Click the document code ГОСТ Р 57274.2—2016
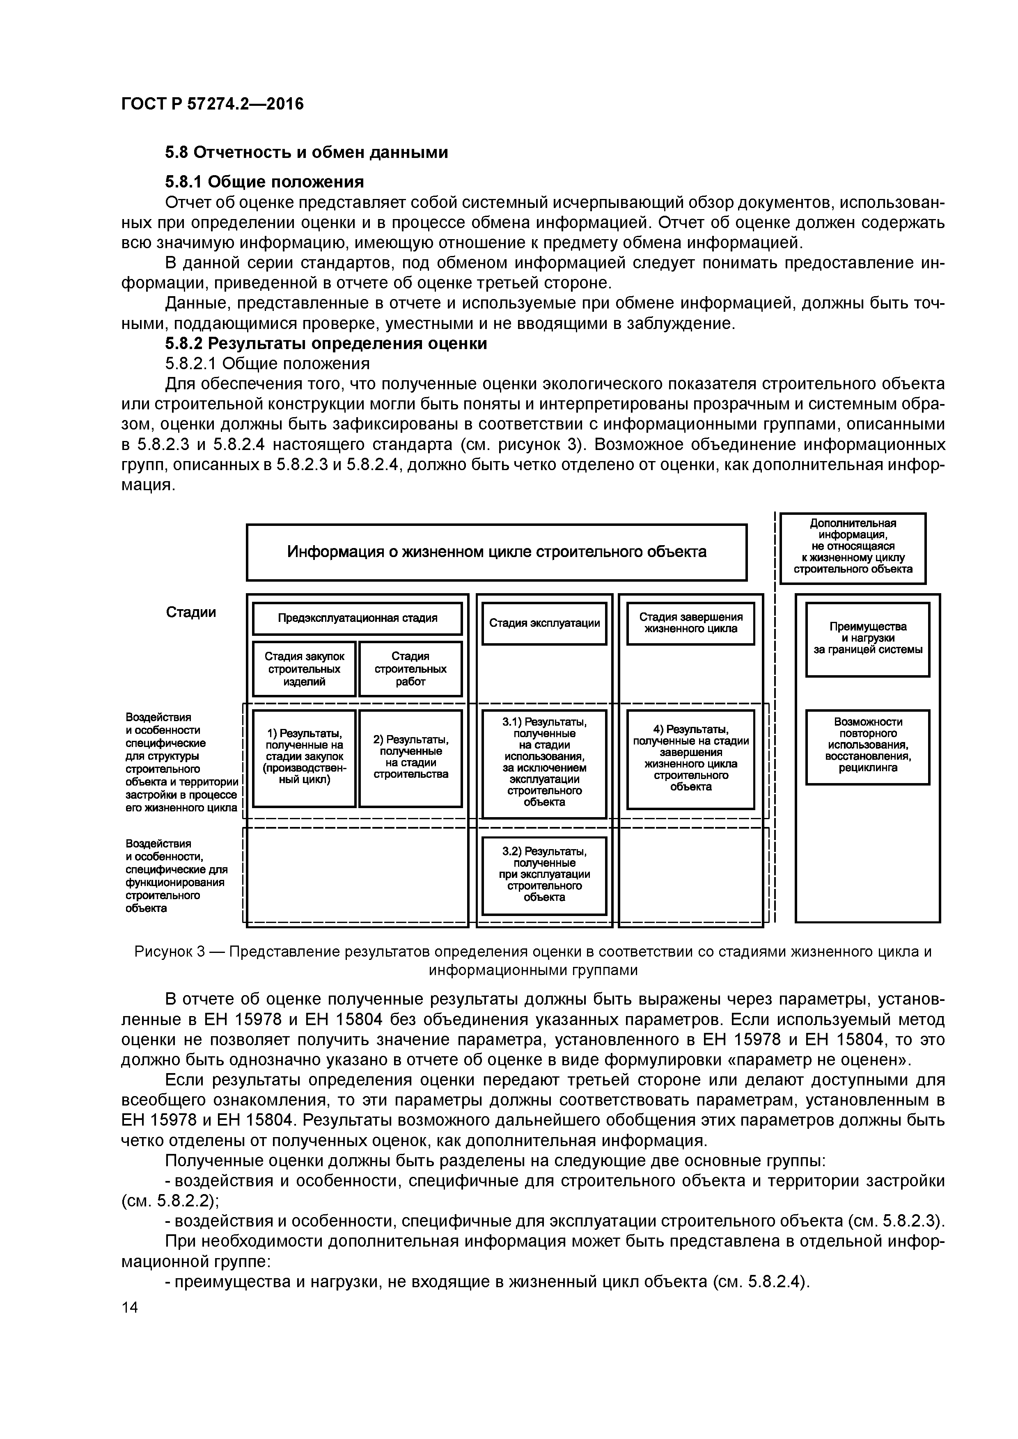pyautogui.click(x=212, y=104)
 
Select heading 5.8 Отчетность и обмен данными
pyautogui.click(x=306, y=152)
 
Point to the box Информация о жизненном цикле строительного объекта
pyautogui.click(x=496, y=552)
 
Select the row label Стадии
pyautogui.click(x=191, y=612)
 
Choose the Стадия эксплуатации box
pyautogui.click(x=544, y=623)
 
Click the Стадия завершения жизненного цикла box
pyautogui.click(x=690, y=623)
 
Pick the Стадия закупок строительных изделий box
pyautogui.click(x=304, y=669)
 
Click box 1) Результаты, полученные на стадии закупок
pyautogui.click(x=304, y=757)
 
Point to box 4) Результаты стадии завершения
pyautogui.click(x=690, y=757)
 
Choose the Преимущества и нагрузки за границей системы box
pyautogui.click(x=867, y=639)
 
